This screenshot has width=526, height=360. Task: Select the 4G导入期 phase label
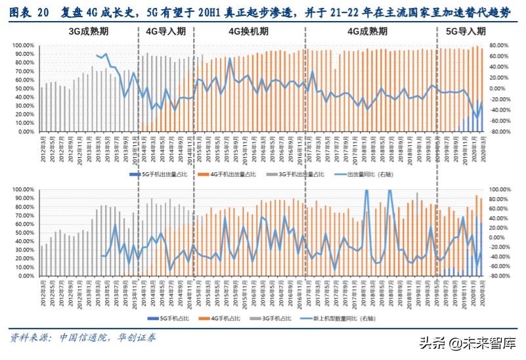tap(164, 31)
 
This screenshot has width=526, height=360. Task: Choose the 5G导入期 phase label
tap(466, 31)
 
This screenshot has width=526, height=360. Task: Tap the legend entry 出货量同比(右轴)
tap(366, 173)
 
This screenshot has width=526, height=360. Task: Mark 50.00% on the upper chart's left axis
tap(21, 89)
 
